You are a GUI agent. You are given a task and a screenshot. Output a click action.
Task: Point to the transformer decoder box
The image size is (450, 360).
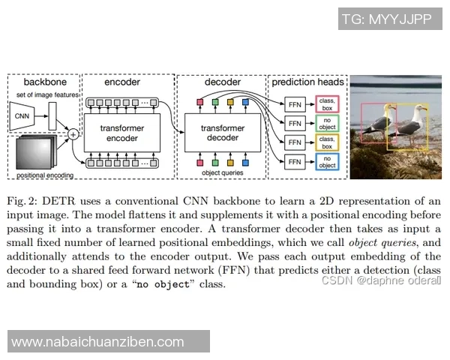(223, 132)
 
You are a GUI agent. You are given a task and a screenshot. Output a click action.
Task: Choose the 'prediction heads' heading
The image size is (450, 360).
(307, 82)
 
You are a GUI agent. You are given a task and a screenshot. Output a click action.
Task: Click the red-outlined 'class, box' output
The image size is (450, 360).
(326, 103)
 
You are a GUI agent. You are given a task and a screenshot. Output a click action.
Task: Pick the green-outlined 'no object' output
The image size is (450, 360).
(326, 122)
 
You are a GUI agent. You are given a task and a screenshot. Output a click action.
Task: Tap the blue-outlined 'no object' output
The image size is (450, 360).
(326, 160)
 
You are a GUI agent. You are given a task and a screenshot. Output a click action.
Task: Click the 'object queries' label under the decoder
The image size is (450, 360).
(223, 173)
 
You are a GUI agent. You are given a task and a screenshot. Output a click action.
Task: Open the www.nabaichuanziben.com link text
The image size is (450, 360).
(98, 342)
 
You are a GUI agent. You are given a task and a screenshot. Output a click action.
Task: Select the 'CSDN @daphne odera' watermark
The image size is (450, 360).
(381, 280)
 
